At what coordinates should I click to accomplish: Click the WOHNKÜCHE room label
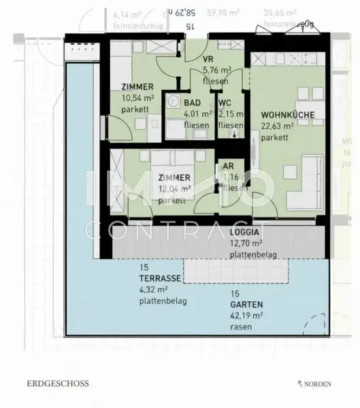pos(288,115)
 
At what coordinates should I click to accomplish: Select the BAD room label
pos(192,103)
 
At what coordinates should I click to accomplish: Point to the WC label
pos(225,103)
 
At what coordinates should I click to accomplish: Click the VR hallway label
pos(208,58)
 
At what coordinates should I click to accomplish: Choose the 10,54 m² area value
pos(137,98)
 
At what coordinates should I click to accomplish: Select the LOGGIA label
pos(244,232)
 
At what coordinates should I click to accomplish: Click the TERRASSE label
pos(159,279)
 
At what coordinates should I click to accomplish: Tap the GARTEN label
pos(245,305)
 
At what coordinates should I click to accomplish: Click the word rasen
pos(241,327)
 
